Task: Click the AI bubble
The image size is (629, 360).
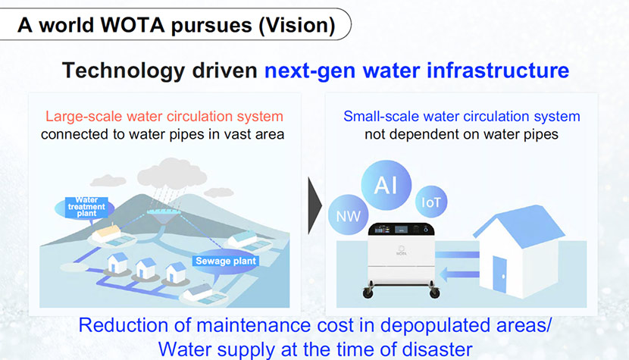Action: click(x=386, y=185)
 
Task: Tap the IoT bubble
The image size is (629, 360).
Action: click(x=431, y=202)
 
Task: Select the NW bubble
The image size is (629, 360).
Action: click(x=348, y=215)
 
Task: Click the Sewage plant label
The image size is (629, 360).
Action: click(x=226, y=261)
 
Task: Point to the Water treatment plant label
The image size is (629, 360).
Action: click(x=86, y=207)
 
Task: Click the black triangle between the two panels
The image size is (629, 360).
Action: click(x=314, y=205)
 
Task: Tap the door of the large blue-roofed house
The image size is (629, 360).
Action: click(x=499, y=274)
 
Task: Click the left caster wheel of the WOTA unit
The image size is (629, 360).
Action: click(x=368, y=293)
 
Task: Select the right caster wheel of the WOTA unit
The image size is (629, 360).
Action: click(x=434, y=293)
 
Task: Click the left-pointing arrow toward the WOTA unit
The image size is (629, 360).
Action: click(x=460, y=275)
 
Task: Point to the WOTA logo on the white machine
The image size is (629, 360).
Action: click(x=401, y=251)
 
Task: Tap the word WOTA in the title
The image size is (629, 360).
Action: click(x=133, y=25)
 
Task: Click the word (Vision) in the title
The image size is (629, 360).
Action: click(x=297, y=25)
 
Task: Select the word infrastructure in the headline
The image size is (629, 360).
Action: click(x=498, y=70)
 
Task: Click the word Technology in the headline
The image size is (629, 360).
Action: click(x=124, y=71)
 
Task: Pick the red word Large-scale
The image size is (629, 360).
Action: click(x=83, y=117)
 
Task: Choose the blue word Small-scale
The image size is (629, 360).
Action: click(x=381, y=117)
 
